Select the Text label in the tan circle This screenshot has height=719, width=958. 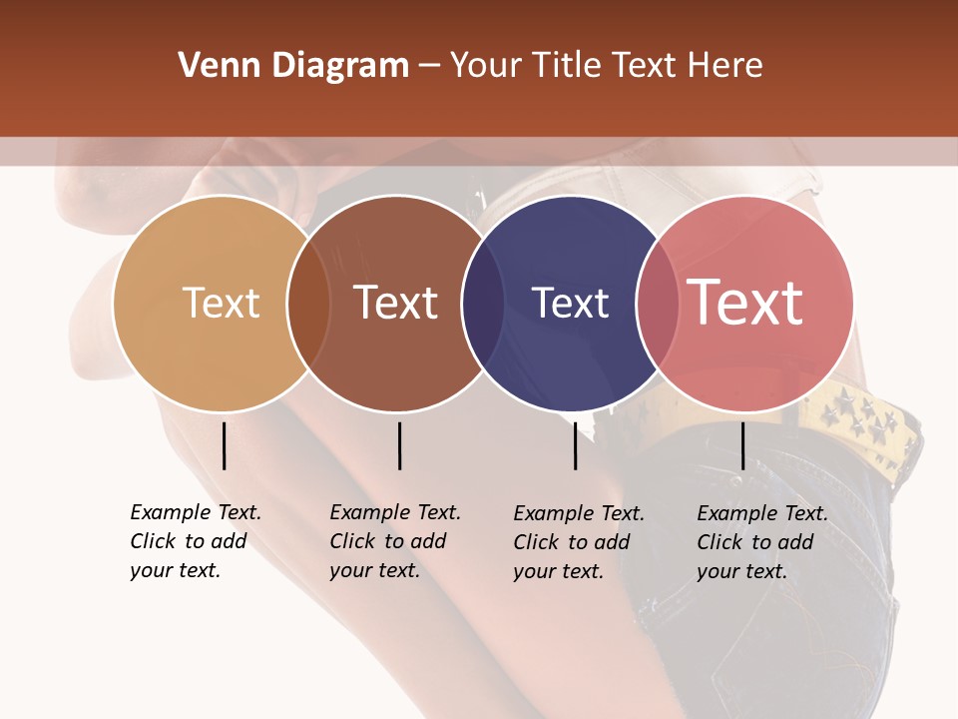(x=221, y=303)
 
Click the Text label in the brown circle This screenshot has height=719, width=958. (x=395, y=303)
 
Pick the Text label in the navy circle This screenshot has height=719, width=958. (x=570, y=303)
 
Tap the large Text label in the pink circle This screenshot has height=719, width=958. (x=744, y=303)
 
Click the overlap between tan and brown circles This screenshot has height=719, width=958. (x=308, y=304)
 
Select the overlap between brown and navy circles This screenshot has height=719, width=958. (x=483, y=304)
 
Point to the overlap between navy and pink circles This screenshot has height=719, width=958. (x=658, y=304)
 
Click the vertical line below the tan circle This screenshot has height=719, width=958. (x=224, y=445)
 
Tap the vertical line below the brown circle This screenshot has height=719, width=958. (x=399, y=445)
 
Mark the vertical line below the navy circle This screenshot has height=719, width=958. (x=575, y=445)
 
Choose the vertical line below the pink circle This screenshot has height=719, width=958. (x=742, y=445)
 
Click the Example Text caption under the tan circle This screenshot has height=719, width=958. (x=196, y=541)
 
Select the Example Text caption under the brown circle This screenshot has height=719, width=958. (x=395, y=541)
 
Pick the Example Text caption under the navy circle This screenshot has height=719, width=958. (x=579, y=542)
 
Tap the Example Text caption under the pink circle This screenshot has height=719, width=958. (x=762, y=542)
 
